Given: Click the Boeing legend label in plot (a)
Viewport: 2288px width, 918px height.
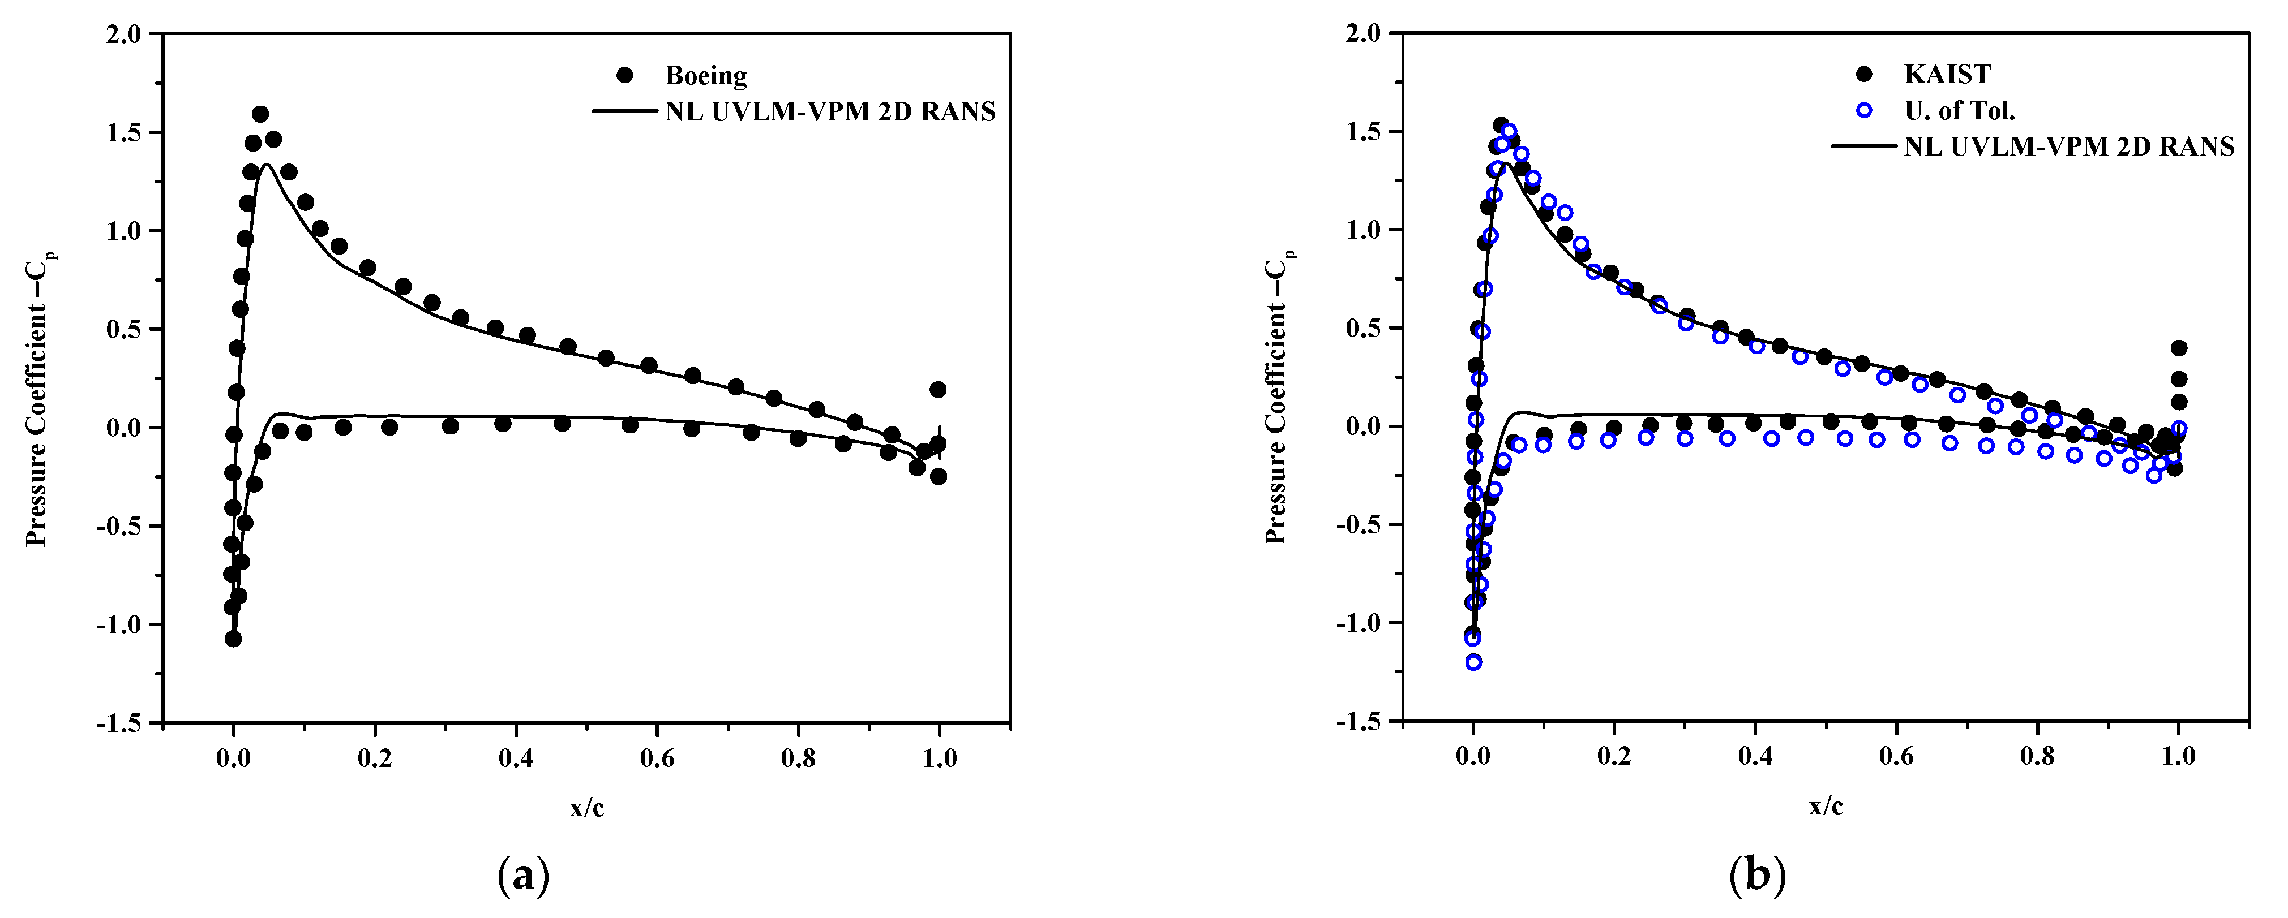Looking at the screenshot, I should pyautogui.click(x=705, y=75).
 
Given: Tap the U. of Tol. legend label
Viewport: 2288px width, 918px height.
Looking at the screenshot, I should pyautogui.click(x=1959, y=110).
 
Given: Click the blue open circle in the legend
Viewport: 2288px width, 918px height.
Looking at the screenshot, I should pyautogui.click(x=1863, y=110).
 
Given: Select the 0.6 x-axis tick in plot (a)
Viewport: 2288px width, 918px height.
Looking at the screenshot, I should pyautogui.click(x=657, y=759).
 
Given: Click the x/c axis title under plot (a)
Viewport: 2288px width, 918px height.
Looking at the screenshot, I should pyautogui.click(x=587, y=808).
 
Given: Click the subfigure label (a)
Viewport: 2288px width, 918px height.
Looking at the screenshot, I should pyautogui.click(x=524, y=876).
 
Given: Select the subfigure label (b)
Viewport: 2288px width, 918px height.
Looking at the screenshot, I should pyautogui.click(x=1758, y=876).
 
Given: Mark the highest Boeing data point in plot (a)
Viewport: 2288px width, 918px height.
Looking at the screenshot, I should pyautogui.click(x=260, y=114).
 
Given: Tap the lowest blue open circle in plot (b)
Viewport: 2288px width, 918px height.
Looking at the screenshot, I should pyautogui.click(x=1473, y=661).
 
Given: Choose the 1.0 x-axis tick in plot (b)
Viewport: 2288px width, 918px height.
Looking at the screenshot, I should pyautogui.click(x=2178, y=757).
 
